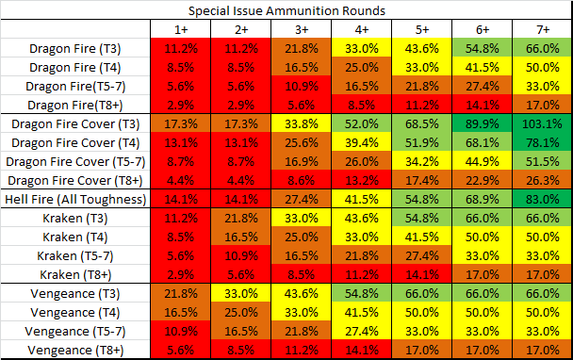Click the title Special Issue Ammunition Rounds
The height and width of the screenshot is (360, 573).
pyautogui.click(x=286, y=10)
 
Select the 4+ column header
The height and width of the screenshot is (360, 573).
pyautogui.click(x=361, y=29)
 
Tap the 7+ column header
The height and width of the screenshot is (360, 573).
pyautogui.click(x=543, y=29)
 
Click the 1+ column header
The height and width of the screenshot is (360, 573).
pyautogui.click(x=181, y=29)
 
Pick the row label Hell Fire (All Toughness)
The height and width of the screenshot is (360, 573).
pyautogui.click(x=75, y=199)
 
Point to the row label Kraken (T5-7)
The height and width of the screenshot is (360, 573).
pyautogui.click(x=75, y=255)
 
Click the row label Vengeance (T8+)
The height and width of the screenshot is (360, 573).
pyautogui.click(x=75, y=351)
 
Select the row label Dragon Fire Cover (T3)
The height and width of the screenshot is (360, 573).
pyautogui.click(x=75, y=123)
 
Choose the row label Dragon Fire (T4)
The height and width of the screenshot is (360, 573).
pyautogui.click(x=75, y=67)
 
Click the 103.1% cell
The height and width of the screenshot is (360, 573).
pyautogui.click(x=542, y=123)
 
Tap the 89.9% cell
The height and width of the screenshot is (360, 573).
pyautogui.click(x=482, y=123)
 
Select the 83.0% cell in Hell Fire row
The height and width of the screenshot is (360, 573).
pyautogui.click(x=542, y=199)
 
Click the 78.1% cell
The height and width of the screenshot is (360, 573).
pyautogui.click(x=542, y=142)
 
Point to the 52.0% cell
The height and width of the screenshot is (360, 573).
pyautogui.click(x=361, y=123)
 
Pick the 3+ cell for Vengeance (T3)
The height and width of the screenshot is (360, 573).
pyautogui.click(x=302, y=293)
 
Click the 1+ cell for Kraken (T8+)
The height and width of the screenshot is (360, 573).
pyautogui.click(x=181, y=274)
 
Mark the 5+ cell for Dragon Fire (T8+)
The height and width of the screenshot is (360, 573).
pyautogui.click(x=421, y=105)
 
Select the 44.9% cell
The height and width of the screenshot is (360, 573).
pyautogui.click(x=482, y=161)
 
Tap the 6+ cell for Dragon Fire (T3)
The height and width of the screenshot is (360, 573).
pyautogui.click(x=482, y=48)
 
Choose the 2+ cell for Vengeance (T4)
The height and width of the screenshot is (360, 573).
pyautogui.click(x=241, y=313)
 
